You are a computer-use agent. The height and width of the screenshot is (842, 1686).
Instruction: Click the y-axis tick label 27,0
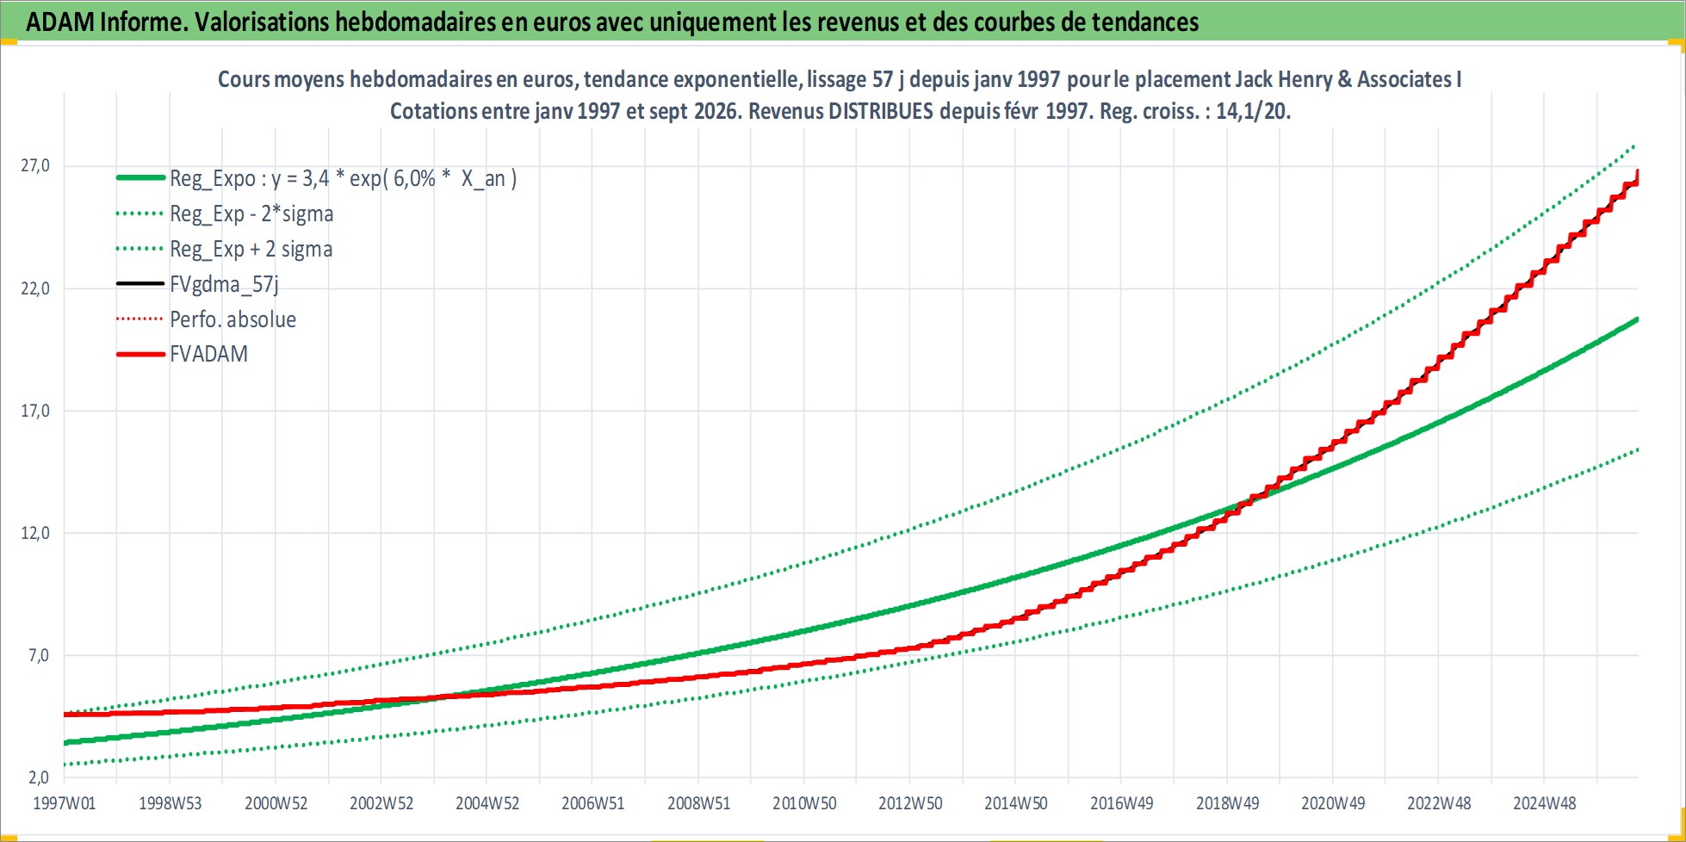tap(35, 165)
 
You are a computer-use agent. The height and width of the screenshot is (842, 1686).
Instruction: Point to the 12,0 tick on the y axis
tap(35, 533)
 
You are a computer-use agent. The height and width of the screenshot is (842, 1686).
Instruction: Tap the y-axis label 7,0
tap(39, 655)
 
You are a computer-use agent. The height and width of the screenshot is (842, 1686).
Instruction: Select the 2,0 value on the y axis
tap(39, 777)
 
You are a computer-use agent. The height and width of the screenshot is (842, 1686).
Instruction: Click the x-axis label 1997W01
tap(65, 803)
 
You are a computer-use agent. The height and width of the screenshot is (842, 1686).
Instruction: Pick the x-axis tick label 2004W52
tap(487, 803)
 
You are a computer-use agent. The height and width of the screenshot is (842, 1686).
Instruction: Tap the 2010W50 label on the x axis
tap(804, 803)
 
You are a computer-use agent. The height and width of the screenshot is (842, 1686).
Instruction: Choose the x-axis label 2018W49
tap(1227, 803)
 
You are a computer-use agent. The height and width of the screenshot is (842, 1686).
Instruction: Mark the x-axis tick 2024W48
tap(1545, 803)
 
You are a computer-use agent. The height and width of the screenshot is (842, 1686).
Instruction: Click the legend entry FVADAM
tap(208, 354)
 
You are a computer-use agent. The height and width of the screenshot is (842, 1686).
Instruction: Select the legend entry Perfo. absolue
tap(232, 319)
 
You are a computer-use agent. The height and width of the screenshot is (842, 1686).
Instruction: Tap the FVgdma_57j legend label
tap(224, 284)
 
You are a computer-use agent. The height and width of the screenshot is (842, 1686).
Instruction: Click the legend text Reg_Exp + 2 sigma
tap(251, 249)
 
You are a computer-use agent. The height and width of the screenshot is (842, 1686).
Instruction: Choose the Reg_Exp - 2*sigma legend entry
tap(251, 214)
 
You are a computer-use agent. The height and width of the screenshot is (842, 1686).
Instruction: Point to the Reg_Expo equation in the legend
tap(343, 178)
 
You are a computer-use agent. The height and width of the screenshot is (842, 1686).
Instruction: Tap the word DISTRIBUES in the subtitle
tap(881, 111)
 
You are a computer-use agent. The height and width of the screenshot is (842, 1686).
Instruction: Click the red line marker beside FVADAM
tap(140, 354)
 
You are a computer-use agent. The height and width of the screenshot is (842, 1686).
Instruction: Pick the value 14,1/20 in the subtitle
tap(1253, 111)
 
